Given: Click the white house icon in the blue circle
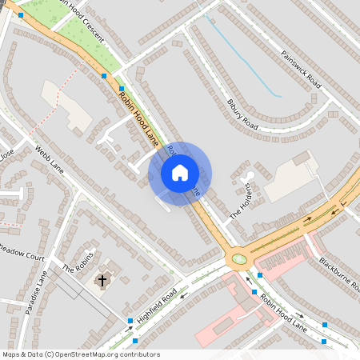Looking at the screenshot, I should pos(180,172).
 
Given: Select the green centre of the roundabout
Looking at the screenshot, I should pos(238,258).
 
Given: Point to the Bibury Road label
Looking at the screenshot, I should pos(243,114).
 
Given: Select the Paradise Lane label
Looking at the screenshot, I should pos(37,293).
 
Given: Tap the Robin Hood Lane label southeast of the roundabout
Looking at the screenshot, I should pos(283,313).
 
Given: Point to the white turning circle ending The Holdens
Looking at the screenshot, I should pos(250,174).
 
